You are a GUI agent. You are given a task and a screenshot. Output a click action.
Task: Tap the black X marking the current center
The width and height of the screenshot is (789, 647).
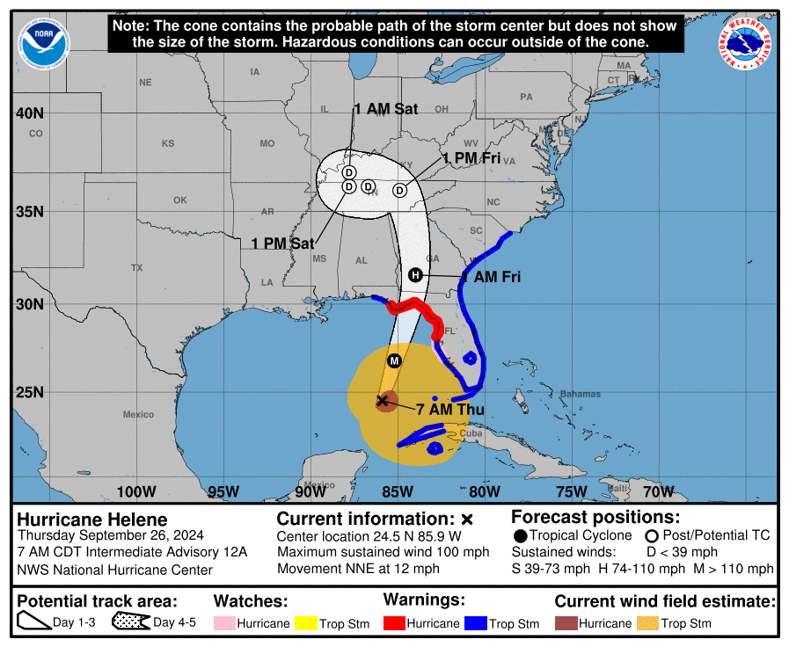(383, 401)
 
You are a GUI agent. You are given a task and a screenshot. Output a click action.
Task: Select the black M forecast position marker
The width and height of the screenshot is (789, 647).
(394, 361)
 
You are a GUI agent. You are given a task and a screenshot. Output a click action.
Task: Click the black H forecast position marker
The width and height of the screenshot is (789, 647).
(416, 275)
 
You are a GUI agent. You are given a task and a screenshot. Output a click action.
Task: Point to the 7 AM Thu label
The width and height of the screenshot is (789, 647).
(445, 409)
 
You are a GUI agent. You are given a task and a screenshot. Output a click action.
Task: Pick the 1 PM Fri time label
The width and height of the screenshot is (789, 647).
(471, 158)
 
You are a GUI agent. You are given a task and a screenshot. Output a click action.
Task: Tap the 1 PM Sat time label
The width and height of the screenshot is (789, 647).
(282, 244)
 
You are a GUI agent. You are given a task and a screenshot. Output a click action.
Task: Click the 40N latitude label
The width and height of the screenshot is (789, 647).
(28, 113)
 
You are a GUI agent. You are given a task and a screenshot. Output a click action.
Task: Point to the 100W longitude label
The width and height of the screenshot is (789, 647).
(136, 491)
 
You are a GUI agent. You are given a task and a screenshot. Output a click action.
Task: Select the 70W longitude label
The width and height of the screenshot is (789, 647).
(659, 491)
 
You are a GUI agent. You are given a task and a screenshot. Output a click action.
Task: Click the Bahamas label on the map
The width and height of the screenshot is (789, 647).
(580, 394)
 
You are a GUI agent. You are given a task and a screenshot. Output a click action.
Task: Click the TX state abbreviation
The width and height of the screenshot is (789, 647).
(136, 267)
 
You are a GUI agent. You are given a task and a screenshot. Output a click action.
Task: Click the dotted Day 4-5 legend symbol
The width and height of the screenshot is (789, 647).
(131, 623)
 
